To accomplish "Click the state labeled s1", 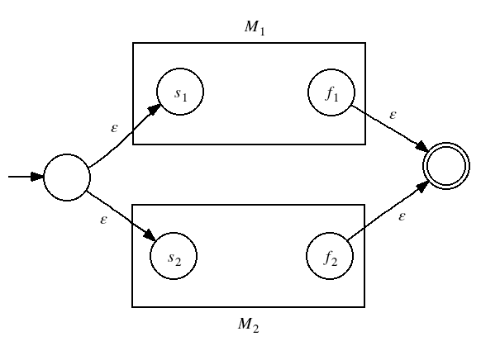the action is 180,92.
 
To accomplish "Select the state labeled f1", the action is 331,92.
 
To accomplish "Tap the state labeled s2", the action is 174,256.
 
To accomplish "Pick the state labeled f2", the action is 330,256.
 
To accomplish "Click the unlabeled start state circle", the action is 67,178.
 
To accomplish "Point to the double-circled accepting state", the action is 446,166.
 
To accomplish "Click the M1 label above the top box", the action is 255,28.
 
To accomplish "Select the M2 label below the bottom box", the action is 248,324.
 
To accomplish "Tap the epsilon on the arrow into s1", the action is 114,128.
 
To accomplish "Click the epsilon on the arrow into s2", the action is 103,220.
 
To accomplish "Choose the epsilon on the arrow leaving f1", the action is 393,116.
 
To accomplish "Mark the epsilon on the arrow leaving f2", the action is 402,216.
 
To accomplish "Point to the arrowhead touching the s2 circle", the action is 150,235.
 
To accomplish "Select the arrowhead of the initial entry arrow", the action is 38,177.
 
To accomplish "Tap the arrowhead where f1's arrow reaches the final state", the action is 422,147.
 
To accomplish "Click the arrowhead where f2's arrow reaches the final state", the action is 424,186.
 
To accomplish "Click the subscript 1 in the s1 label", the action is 184,97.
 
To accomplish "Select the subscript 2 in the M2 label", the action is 255,329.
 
